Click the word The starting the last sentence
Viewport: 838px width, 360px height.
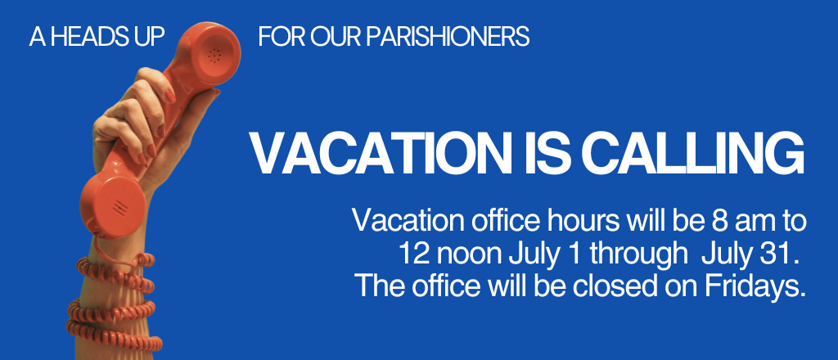click(375, 286)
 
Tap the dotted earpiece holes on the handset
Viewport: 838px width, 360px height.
click(214, 55)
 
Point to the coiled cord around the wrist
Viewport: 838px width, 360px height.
click(113, 302)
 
